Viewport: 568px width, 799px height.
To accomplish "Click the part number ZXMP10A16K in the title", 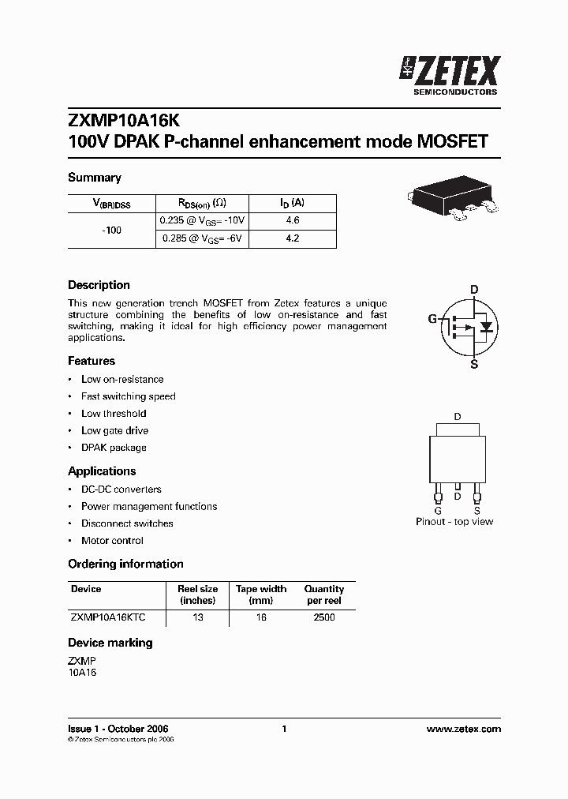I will pos(124,122).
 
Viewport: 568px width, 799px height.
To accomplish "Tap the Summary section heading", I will pos(95,178).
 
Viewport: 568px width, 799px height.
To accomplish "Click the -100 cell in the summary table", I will pos(112,230).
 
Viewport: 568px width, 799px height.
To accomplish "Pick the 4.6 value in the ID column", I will pos(293,221).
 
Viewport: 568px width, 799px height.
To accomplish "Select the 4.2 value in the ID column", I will pos(293,238).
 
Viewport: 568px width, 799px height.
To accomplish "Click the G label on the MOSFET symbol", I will pos(432,319).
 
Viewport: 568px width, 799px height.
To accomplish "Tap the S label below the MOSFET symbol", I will pos(474,364).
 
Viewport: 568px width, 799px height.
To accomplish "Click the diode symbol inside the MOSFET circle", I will pos(487,326).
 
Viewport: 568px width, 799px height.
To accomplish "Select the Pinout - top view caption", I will pos(454,522).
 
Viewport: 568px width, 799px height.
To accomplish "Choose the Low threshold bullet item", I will pos(114,414).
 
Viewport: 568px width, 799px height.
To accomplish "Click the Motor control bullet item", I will pos(112,541).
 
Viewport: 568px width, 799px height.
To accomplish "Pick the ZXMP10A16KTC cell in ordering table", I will pos(108,617).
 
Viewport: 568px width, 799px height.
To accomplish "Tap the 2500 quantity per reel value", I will pos(324,617).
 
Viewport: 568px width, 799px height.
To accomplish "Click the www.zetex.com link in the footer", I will pos(463,729).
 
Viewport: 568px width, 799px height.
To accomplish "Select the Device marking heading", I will pos(110,643).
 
